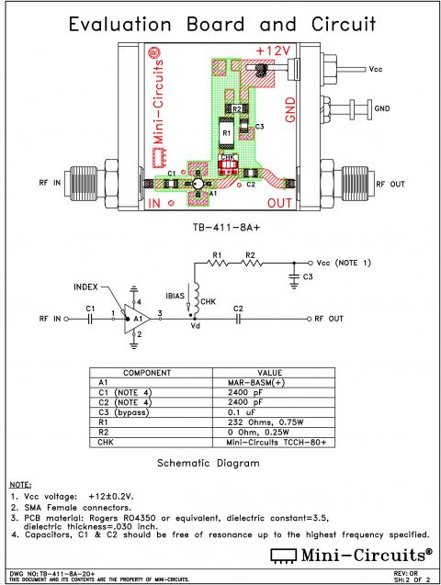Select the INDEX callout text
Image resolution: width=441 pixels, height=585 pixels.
pyautogui.click(x=90, y=287)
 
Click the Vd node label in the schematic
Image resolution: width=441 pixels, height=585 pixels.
pyautogui.click(x=195, y=326)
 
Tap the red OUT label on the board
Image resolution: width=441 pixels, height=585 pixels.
pyautogui.click(x=281, y=201)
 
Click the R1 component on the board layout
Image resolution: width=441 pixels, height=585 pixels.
pyautogui.click(x=226, y=134)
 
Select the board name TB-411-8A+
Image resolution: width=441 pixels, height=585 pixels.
pyautogui.click(x=221, y=226)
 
